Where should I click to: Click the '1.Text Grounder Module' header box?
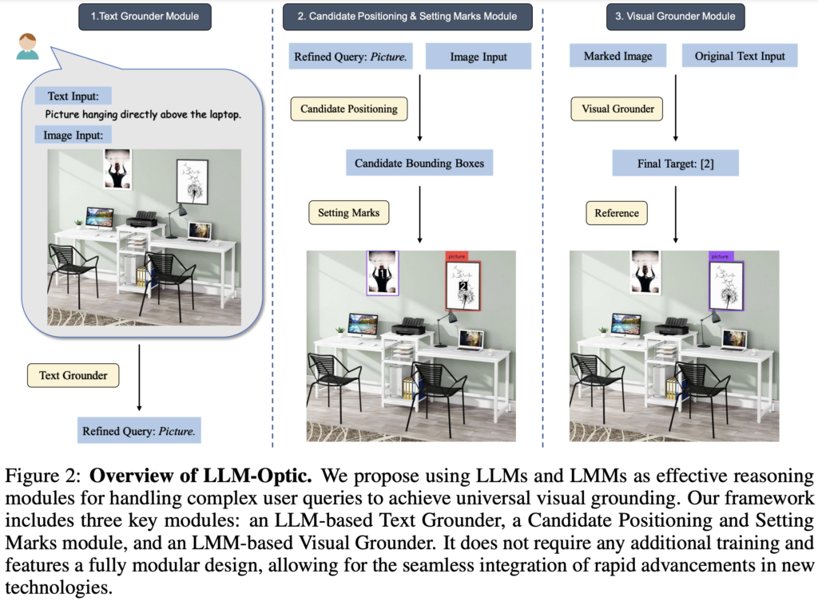coord(145,17)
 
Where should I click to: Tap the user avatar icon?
coord(27,45)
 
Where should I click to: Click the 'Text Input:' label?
coord(73,97)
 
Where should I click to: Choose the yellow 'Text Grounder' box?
coord(73,375)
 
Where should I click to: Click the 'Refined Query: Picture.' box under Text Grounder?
coord(139,432)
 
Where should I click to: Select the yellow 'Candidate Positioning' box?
coord(348,109)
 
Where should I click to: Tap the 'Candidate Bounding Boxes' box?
coord(419,164)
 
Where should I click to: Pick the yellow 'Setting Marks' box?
coord(349,213)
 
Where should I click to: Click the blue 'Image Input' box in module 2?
coord(478,57)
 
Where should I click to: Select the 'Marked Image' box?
coord(617,57)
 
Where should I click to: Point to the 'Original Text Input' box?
coord(740,57)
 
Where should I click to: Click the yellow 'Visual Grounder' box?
coord(617,109)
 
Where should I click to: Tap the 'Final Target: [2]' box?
coord(676,164)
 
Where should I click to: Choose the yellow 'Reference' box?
coord(616,213)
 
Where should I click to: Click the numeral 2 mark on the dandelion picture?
coord(462,286)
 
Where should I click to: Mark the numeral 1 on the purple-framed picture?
coord(383,274)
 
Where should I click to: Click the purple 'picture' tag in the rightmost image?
coord(720,256)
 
